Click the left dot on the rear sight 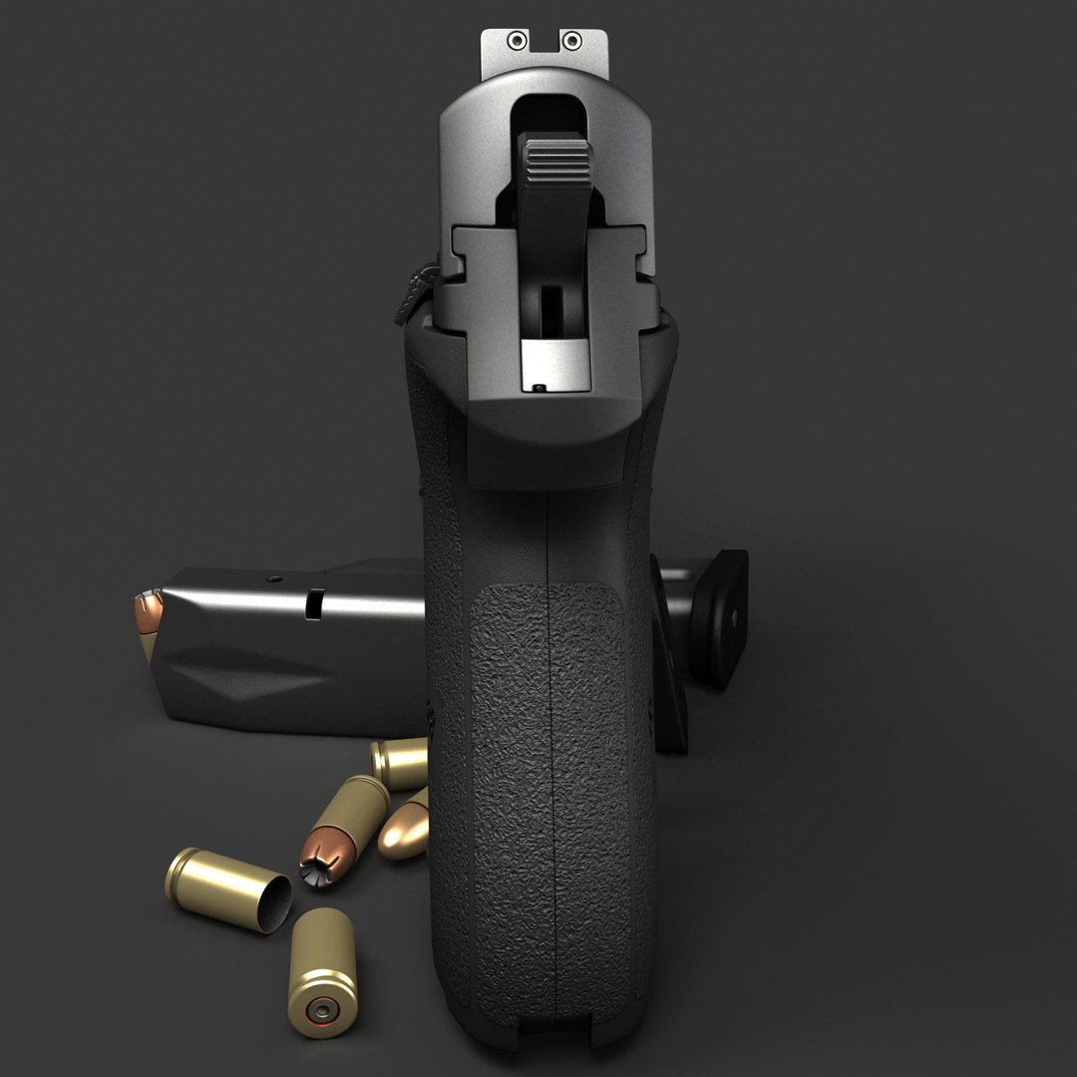point(517,41)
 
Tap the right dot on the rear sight point(571,41)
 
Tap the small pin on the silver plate point(539,387)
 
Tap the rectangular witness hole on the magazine point(315,602)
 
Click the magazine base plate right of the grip point(720,618)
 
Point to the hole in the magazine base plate point(735,618)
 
